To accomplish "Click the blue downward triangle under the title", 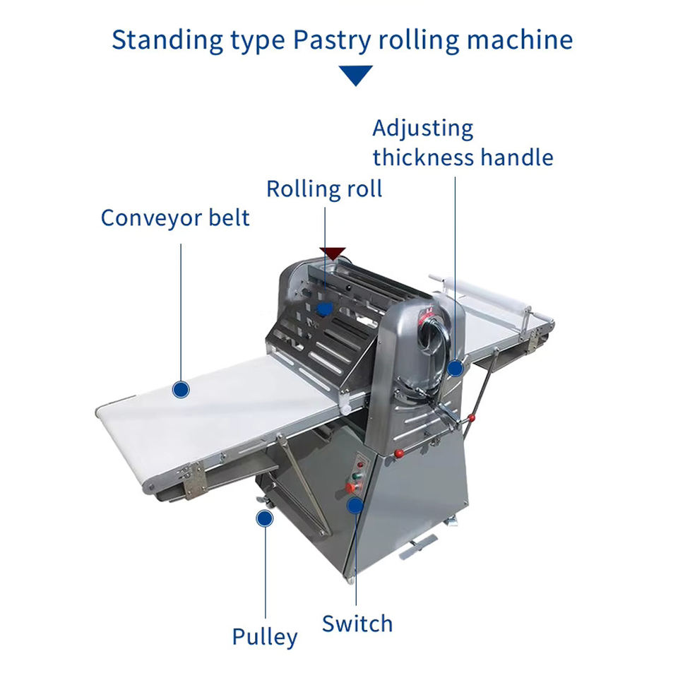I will pyautogui.click(x=355, y=75).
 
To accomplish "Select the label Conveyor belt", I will pyautogui.click(x=175, y=218).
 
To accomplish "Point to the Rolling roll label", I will pyautogui.click(x=324, y=189).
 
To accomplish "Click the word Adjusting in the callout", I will pyautogui.click(x=422, y=129).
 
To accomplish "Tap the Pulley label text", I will pyautogui.click(x=265, y=636).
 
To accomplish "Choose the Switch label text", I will pyautogui.click(x=357, y=624).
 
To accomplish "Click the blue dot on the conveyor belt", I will pyautogui.click(x=182, y=388).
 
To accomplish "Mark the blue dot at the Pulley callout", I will pyautogui.click(x=264, y=519).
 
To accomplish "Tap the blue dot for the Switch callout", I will pyautogui.click(x=355, y=505).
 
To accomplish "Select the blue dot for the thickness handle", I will pyautogui.click(x=455, y=367).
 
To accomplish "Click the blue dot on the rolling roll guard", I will pyautogui.click(x=324, y=309).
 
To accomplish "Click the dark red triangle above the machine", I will pyautogui.click(x=332, y=253).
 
